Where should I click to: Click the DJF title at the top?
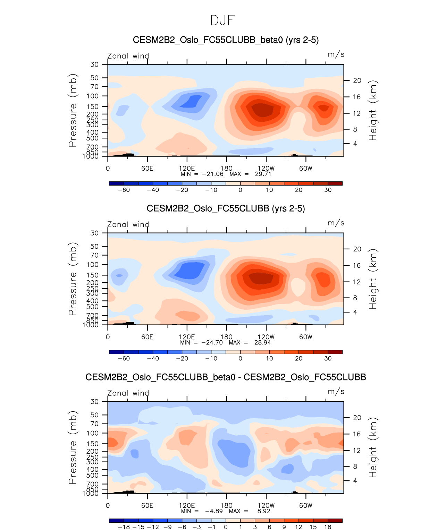(x=222, y=20)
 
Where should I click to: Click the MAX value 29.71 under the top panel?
(x=263, y=174)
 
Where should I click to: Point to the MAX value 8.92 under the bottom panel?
(x=264, y=511)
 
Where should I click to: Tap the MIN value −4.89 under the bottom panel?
(x=214, y=511)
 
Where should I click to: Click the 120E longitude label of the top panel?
(x=187, y=168)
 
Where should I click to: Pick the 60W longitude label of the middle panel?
(x=305, y=337)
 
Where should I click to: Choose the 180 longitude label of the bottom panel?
(x=226, y=505)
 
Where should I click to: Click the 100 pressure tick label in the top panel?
(x=93, y=96)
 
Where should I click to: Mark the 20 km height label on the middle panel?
(x=357, y=249)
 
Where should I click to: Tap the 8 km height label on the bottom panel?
(x=355, y=466)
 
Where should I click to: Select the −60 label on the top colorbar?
(x=124, y=190)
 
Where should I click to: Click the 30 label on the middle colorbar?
(x=328, y=358)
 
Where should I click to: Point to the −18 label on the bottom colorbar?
(x=124, y=527)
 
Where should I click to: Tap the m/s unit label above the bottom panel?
(x=336, y=392)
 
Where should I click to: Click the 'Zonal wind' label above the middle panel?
(x=128, y=224)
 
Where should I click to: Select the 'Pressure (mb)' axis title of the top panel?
(x=73, y=110)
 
